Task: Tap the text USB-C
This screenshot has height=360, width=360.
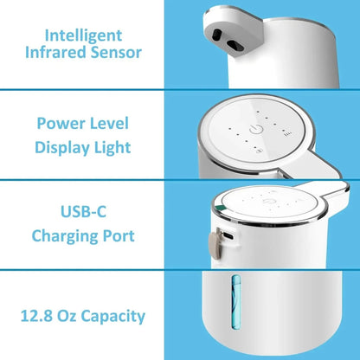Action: pyautogui.click(x=84, y=211)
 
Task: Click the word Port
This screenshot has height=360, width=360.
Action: pyautogui.click(x=121, y=235)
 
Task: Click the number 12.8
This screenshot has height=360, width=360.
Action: pyautogui.click(x=38, y=316)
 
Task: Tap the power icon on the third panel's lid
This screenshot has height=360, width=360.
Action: pyautogui.click(x=269, y=206)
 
